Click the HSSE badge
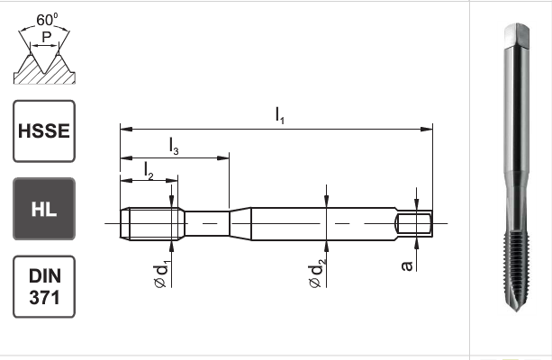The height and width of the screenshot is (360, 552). coord(44,130)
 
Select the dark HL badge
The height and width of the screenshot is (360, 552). coord(44,209)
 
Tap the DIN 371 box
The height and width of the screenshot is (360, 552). coord(44,287)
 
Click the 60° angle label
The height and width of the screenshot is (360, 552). coord(47,20)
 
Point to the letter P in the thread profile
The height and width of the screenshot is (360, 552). coord(47,37)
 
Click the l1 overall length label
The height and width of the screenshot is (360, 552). coord(279,116)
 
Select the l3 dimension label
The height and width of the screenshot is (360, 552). coord(174,146)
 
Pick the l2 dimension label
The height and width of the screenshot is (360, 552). coord(149,171)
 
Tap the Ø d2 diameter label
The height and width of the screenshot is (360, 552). coord(316,274)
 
